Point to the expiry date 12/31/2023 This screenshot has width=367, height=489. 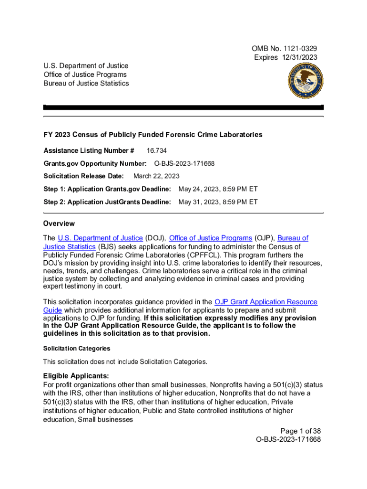tap(298, 57)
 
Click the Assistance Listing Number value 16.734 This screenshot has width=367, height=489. tap(156, 151)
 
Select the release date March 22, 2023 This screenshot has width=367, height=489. tap(156, 177)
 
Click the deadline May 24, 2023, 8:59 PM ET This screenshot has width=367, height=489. tap(218, 190)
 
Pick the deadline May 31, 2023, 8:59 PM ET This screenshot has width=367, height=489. tap(218, 202)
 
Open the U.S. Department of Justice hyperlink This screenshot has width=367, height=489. tap(100, 238)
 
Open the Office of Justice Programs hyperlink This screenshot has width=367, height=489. tap(211, 238)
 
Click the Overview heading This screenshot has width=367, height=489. tap(59, 224)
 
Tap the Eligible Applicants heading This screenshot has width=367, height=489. tap(76, 376)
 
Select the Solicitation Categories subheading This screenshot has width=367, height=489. tap(77, 349)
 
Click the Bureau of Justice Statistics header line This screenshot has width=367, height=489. tap(86, 84)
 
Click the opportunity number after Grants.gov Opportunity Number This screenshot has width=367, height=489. tap(184, 164)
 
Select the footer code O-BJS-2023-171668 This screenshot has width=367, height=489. tap(288, 440)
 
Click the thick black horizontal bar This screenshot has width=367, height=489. tap(183, 108)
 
